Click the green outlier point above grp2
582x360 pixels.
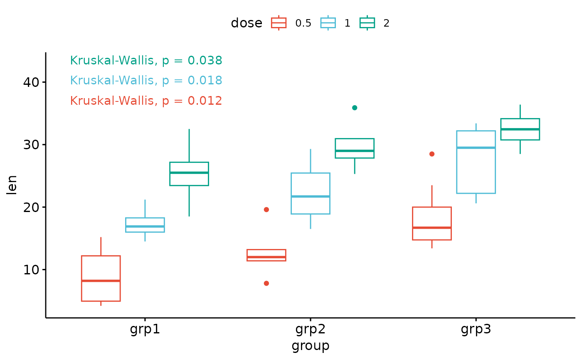click(x=355, y=108)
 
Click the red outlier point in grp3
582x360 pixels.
click(x=432, y=154)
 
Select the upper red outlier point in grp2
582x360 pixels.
click(x=266, y=210)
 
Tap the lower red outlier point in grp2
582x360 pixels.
click(x=266, y=283)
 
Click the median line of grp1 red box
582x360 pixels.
click(x=101, y=281)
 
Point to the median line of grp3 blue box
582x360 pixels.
click(x=476, y=148)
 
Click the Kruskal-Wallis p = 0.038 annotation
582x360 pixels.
click(x=146, y=61)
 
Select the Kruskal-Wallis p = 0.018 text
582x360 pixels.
click(x=146, y=81)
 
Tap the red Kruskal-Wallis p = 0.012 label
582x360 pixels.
click(x=146, y=101)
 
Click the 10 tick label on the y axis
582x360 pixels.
click(x=31, y=270)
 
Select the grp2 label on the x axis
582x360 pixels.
click(x=310, y=330)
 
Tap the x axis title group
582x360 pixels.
click(x=310, y=346)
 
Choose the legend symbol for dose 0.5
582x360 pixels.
click(x=279, y=23)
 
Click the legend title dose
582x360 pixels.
click(x=246, y=23)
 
